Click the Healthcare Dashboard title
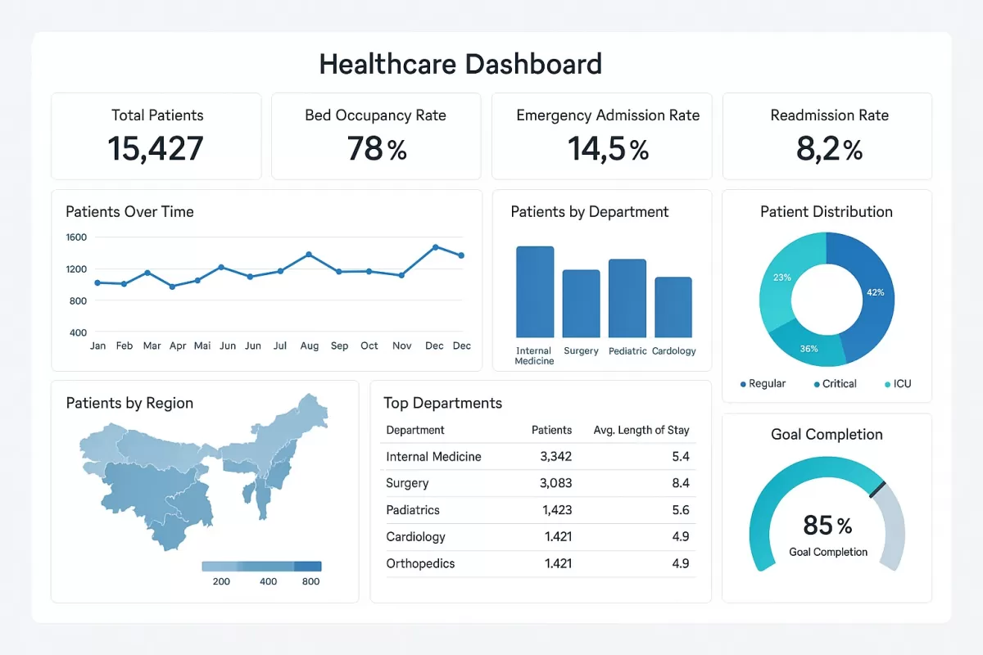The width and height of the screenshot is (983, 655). (460, 64)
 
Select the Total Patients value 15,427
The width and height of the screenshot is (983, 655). (156, 149)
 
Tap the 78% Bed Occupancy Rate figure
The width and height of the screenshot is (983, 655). (376, 149)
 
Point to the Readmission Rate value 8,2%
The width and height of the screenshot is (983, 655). (828, 149)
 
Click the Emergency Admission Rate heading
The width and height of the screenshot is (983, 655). (608, 115)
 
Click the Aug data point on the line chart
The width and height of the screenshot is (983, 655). (309, 255)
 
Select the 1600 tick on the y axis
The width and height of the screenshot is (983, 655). (76, 237)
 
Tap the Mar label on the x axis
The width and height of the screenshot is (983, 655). (152, 346)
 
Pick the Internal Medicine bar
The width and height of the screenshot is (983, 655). (535, 292)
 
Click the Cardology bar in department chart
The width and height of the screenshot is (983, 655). (673, 308)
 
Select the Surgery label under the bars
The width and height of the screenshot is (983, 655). (581, 351)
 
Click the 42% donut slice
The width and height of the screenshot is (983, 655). (872, 292)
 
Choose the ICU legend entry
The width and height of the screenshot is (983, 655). (898, 384)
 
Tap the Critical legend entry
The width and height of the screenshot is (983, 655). (835, 384)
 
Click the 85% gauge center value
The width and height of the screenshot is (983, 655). (827, 525)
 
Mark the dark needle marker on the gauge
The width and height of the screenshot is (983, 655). (877, 489)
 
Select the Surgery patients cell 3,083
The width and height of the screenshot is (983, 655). (555, 483)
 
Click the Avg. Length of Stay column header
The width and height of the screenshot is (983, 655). (641, 430)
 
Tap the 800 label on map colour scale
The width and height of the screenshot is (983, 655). (310, 581)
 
